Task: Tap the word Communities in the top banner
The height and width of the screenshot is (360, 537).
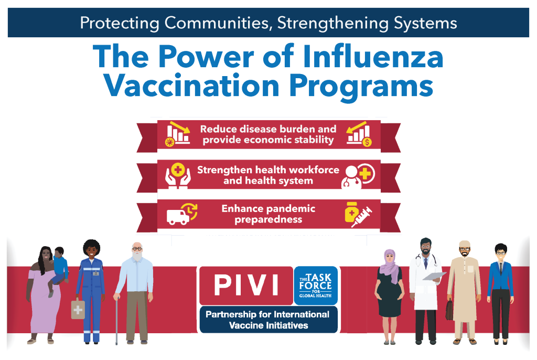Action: [218, 23]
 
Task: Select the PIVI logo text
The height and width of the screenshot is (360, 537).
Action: [246, 285]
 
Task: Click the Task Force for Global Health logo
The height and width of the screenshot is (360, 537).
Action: [315, 285]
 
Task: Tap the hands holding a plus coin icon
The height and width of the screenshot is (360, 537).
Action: [178, 176]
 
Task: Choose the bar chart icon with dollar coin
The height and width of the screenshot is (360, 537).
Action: [359, 134]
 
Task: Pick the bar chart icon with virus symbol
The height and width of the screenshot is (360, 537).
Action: [177, 134]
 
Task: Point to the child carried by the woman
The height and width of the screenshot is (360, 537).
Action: [59, 270]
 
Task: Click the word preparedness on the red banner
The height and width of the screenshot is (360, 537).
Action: [268, 220]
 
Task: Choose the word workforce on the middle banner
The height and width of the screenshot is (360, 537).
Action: [314, 170]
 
